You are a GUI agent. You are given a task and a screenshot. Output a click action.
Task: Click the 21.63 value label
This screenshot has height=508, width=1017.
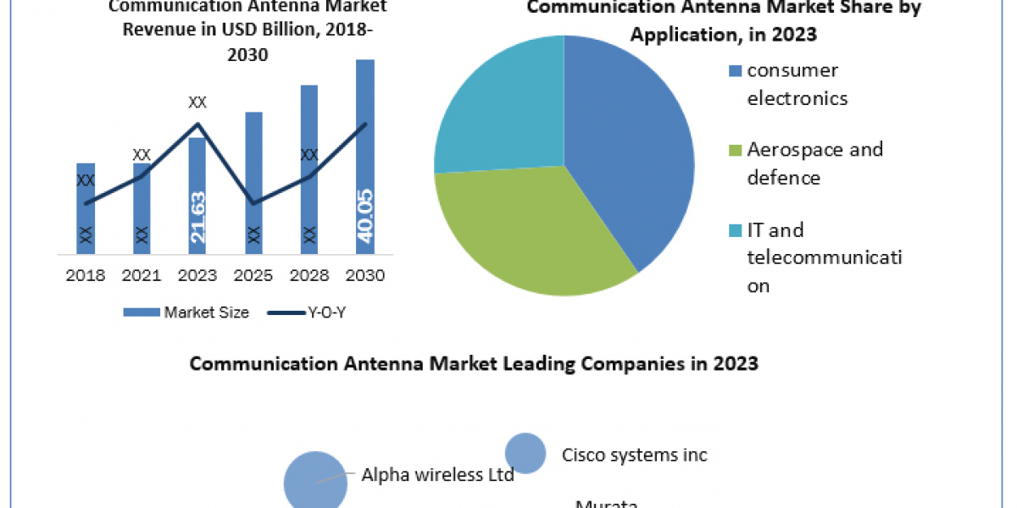[197, 218]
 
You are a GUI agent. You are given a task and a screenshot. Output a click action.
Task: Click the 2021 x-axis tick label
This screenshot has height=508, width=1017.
[142, 275]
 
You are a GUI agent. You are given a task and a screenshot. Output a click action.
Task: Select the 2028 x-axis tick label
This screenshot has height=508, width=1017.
[309, 275]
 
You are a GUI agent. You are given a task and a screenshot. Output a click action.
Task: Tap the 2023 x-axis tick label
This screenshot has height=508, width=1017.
[197, 275]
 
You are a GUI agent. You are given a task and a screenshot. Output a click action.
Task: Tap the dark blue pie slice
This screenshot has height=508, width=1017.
[627, 152]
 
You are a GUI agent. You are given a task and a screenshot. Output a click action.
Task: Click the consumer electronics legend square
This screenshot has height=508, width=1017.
[736, 71]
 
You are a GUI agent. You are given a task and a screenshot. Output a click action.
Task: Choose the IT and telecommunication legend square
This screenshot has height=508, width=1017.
[736, 230]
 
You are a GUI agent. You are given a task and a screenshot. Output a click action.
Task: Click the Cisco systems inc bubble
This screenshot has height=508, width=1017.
[525, 454]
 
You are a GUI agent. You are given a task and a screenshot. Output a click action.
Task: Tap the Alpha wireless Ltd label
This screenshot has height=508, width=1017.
[437, 475]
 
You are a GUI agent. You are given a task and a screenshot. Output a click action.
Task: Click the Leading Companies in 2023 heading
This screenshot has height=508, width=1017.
[474, 363]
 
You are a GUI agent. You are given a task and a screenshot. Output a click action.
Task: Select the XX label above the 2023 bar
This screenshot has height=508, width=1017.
[197, 102]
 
